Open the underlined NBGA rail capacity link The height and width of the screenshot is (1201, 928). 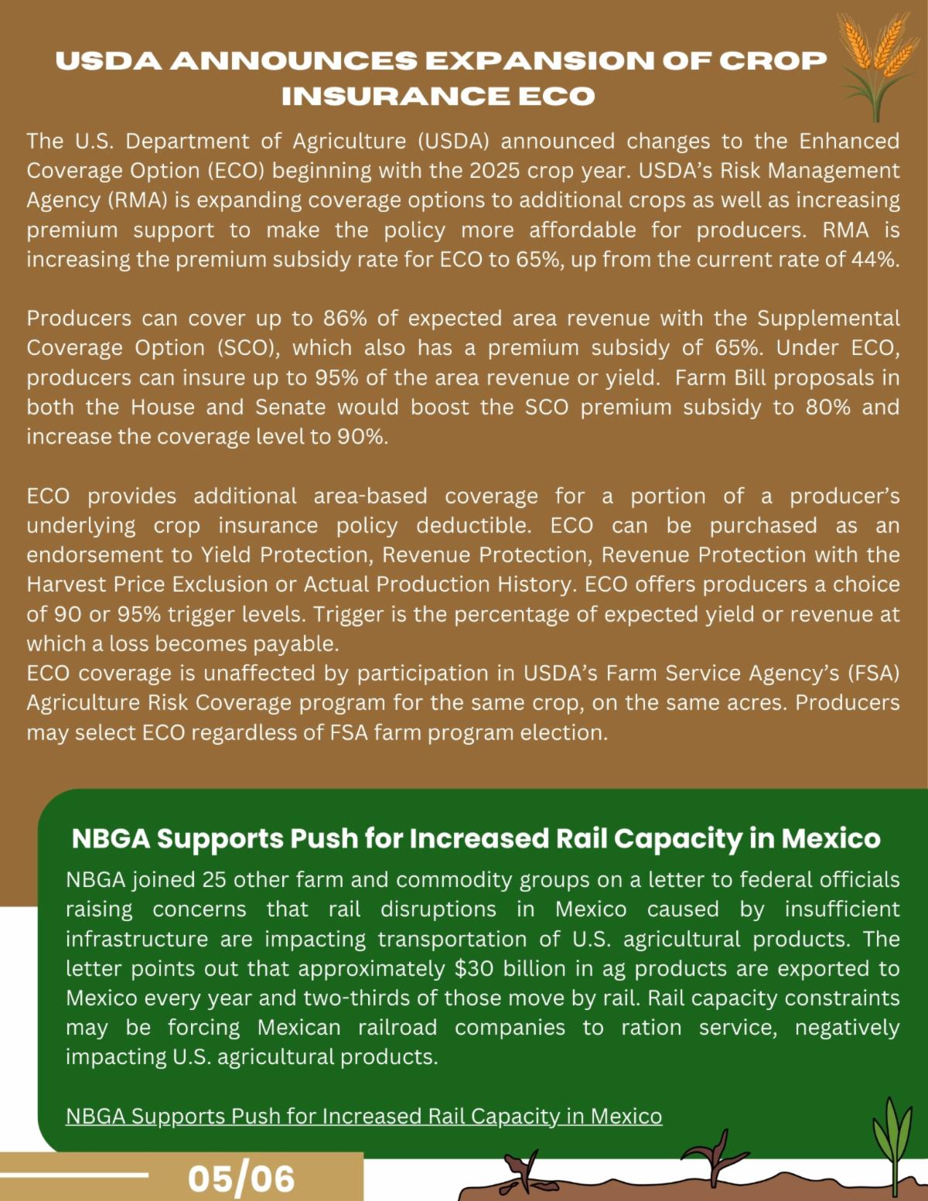[x=363, y=1116]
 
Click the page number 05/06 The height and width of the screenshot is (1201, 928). [x=241, y=1179]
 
